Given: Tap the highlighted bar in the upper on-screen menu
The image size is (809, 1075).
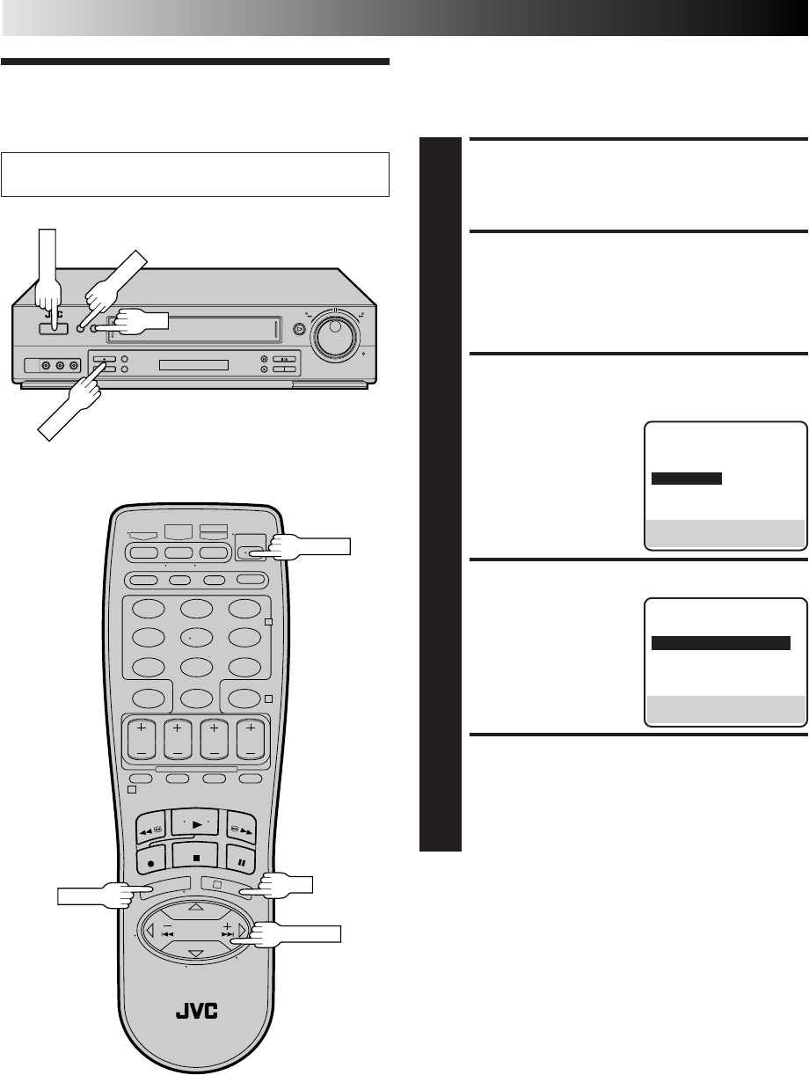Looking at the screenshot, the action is click(x=687, y=479).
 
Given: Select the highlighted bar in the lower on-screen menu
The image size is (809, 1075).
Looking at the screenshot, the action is click(x=720, y=643).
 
